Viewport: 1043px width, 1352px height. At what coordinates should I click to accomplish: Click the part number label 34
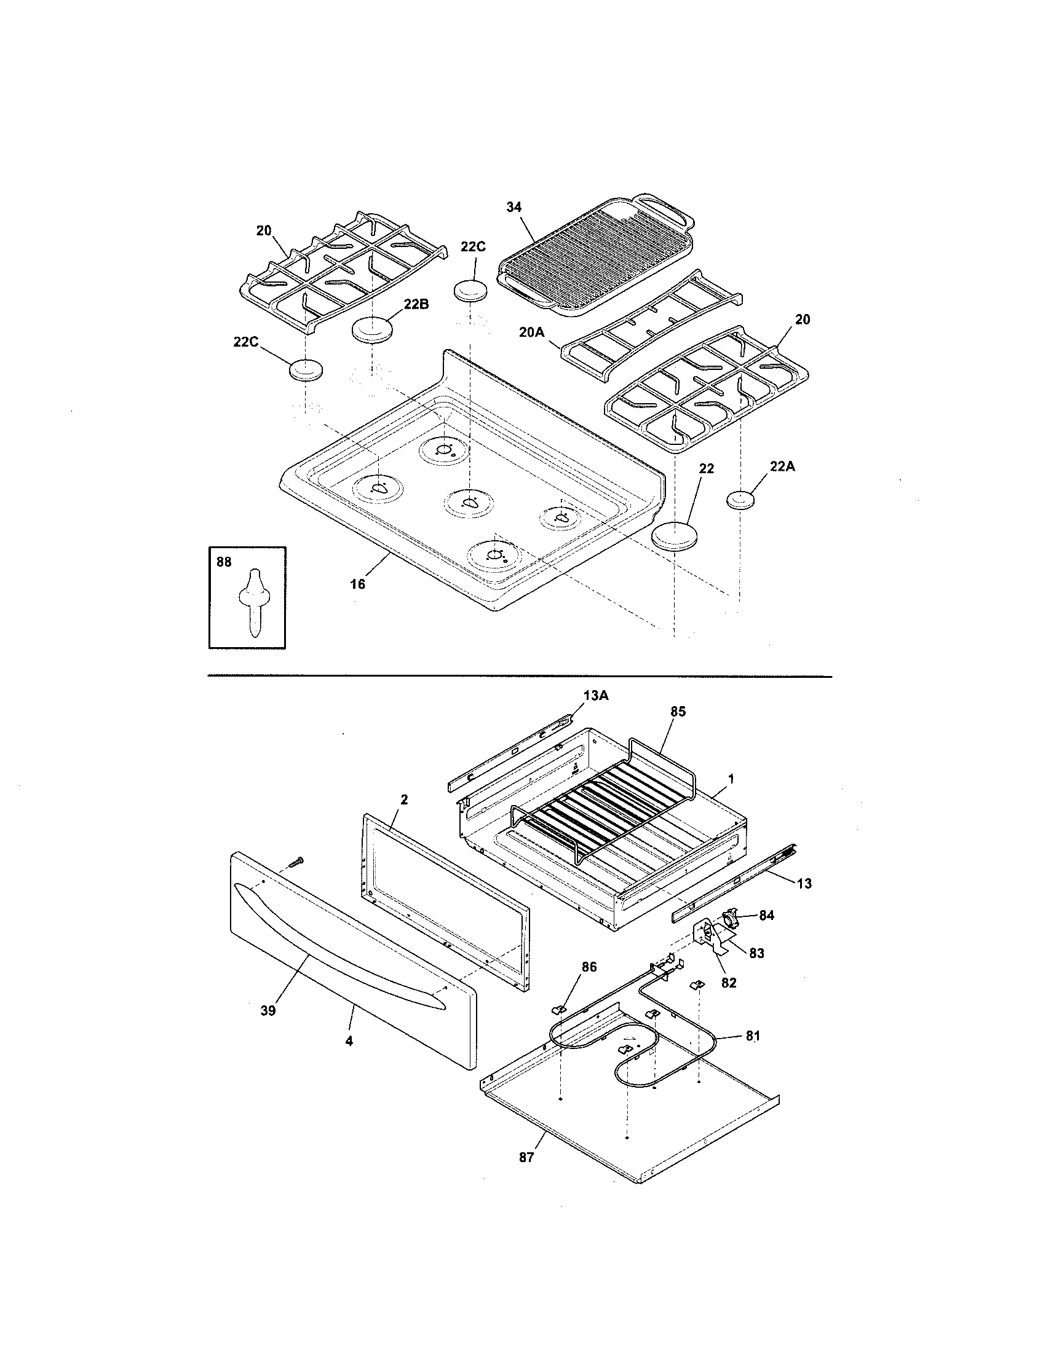[514, 208]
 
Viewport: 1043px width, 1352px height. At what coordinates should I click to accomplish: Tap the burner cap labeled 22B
[373, 329]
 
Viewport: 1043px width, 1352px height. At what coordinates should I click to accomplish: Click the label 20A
[532, 332]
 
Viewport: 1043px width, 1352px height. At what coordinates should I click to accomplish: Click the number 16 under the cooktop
[358, 583]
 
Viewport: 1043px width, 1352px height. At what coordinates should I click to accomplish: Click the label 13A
[595, 696]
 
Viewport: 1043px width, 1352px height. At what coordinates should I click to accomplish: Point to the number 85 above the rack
[678, 712]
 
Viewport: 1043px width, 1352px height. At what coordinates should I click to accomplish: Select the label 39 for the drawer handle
[268, 1010]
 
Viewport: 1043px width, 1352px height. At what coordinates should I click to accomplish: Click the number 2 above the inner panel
[404, 799]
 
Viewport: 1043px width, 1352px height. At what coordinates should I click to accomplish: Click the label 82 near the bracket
[729, 983]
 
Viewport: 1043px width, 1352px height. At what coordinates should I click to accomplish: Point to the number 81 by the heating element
[753, 1036]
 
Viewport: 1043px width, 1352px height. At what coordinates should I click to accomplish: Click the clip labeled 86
[558, 1008]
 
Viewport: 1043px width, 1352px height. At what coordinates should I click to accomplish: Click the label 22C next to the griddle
[473, 246]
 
